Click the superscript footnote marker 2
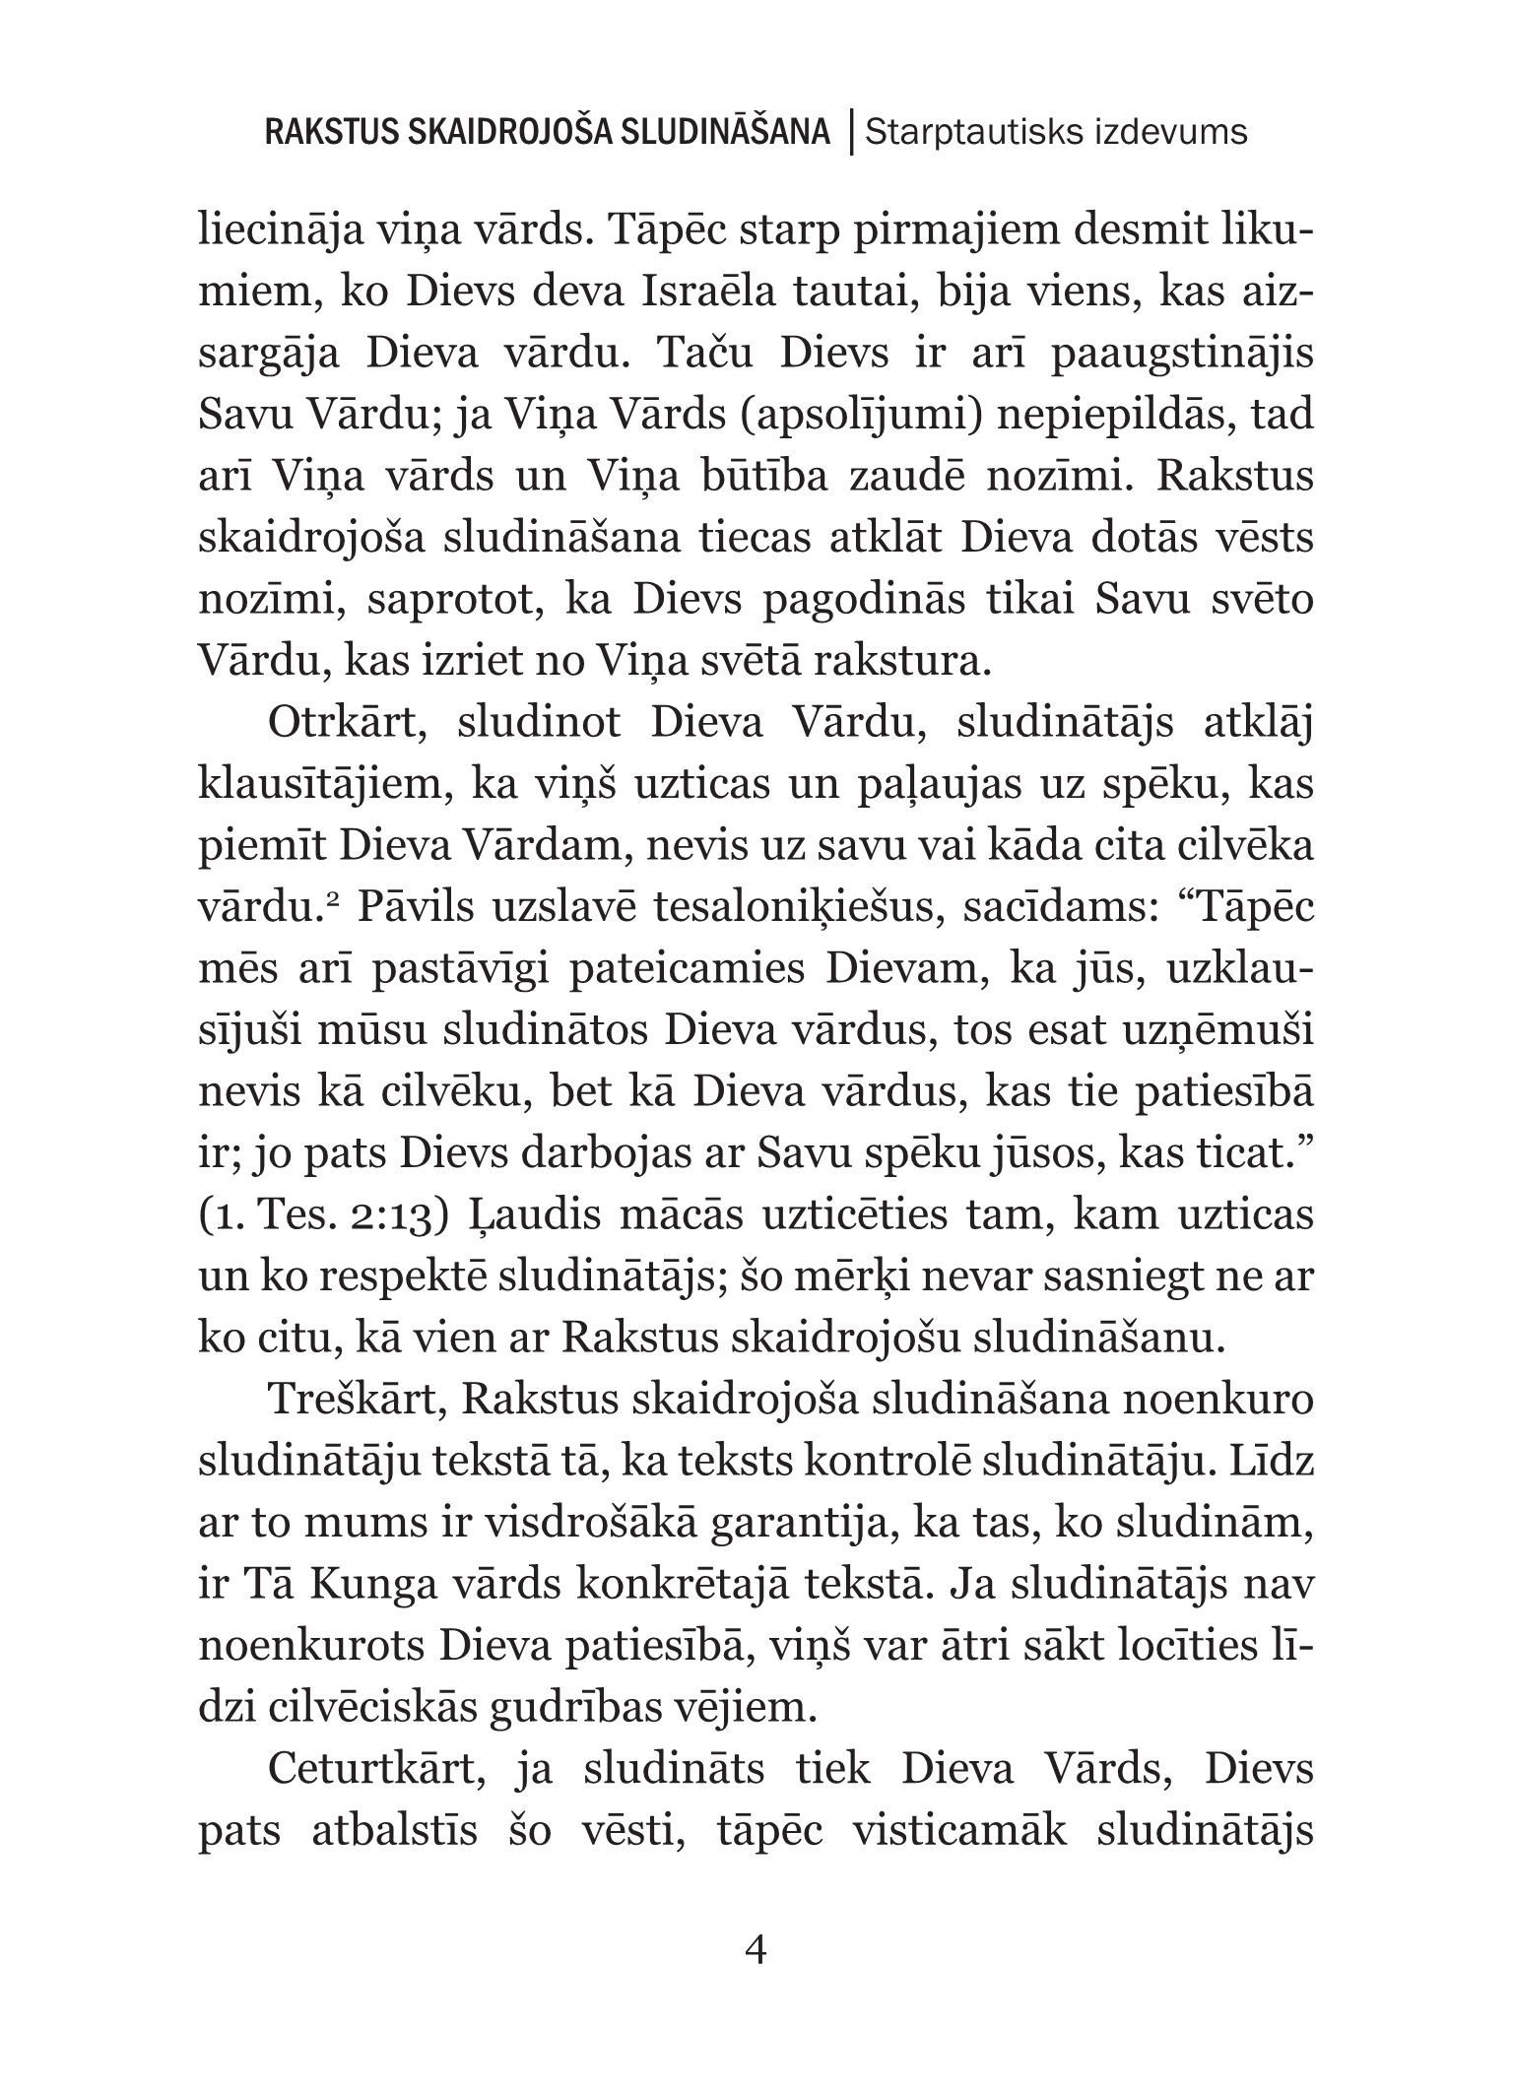pyautogui.click(x=334, y=900)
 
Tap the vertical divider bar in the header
pyautogui.click(x=847, y=132)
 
